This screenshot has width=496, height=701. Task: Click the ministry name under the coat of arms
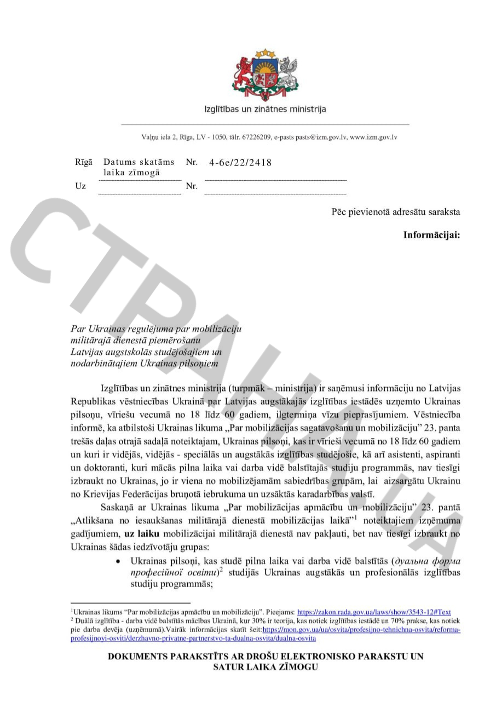[x=265, y=109]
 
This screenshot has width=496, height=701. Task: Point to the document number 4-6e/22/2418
[x=240, y=162]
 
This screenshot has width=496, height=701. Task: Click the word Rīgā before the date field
[x=84, y=162]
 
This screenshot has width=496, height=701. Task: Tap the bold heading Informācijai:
[x=432, y=235]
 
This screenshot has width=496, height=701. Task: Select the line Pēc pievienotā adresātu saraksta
[x=396, y=212]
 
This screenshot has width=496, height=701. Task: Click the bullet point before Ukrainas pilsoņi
[x=118, y=562]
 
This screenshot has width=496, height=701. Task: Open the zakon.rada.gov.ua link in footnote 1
[x=374, y=612]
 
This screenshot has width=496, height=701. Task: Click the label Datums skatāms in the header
[x=139, y=162]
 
